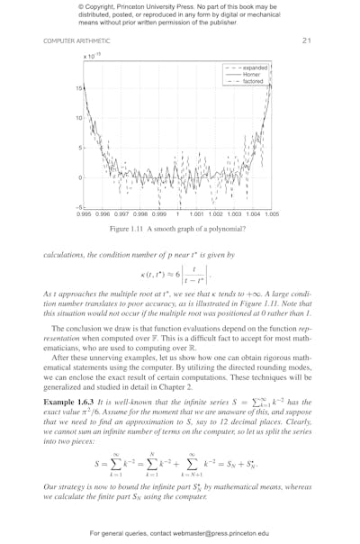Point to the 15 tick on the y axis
79,88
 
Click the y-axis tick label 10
79,118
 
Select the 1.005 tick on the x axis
273,215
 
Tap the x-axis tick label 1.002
216,215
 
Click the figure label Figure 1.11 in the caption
129,231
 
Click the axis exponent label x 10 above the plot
92,56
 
